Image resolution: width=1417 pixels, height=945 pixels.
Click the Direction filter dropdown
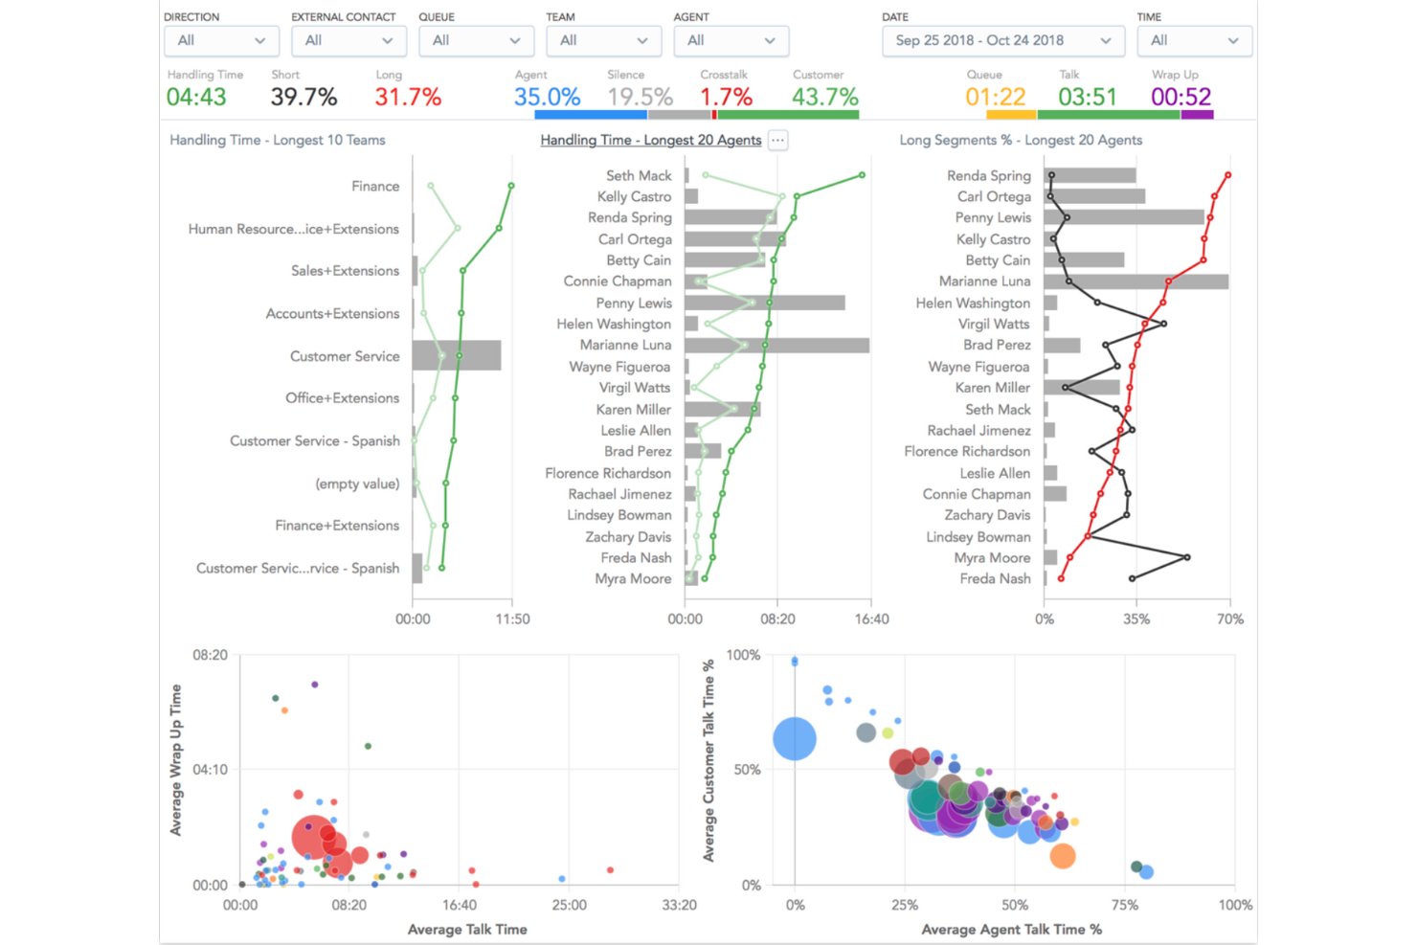tap(221, 40)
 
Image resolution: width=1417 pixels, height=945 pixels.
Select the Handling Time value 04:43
tap(196, 97)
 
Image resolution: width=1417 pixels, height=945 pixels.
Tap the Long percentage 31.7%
tap(408, 97)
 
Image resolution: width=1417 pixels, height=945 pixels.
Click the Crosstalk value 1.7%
tap(726, 97)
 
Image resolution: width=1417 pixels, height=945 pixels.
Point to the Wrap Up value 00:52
tap(1181, 97)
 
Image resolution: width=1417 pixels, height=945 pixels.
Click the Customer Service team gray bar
tap(457, 355)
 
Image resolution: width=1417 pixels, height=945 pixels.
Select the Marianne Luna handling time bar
tap(776, 345)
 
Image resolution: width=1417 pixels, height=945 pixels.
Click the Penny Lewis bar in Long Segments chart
tap(1123, 217)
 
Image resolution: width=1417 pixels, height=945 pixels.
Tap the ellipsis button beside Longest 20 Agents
tap(777, 140)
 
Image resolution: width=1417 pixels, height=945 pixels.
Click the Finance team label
tap(375, 186)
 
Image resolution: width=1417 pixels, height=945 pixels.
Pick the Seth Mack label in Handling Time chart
tap(639, 175)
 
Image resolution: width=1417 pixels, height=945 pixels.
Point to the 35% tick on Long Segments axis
tap(1136, 619)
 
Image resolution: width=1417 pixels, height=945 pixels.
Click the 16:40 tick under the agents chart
tap(871, 619)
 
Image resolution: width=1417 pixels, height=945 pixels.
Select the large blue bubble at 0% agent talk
tap(795, 738)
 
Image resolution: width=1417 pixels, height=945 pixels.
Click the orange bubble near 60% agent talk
tap(1062, 855)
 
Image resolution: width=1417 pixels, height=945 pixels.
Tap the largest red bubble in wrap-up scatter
tap(311, 836)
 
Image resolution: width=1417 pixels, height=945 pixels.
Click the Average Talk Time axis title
tap(467, 929)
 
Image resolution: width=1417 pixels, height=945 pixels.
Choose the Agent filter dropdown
tap(731, 40)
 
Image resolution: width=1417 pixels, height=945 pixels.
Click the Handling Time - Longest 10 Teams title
tap(278, 140)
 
